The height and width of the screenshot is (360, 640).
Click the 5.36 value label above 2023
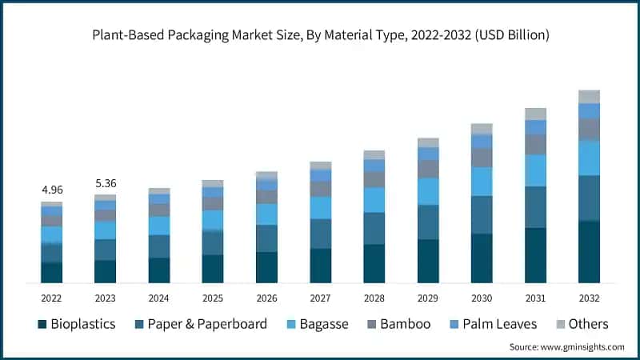click(105, 182)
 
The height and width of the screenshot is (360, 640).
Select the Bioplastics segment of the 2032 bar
click(590, 251)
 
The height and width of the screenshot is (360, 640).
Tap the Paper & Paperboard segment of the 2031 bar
click(535, 206)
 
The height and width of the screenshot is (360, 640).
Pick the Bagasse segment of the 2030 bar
click(482, 182)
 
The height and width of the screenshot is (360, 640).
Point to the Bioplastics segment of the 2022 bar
click(51, 272)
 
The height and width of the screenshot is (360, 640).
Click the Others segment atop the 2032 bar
click(590, 97)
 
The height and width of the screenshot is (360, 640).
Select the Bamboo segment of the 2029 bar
click(428, 169)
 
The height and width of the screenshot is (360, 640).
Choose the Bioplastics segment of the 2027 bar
click(320, 265)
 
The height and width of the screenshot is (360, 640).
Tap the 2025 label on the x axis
click(213, 298)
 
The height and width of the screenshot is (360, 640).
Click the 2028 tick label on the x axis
click(374, 298)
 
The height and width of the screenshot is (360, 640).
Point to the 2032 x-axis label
click(590, 298)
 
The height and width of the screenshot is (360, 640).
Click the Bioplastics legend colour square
click(42, 324)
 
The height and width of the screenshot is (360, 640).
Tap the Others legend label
click(589, 324)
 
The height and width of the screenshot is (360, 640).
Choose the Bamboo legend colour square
click(371, 324)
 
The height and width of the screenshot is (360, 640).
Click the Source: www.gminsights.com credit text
click(566, 347)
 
